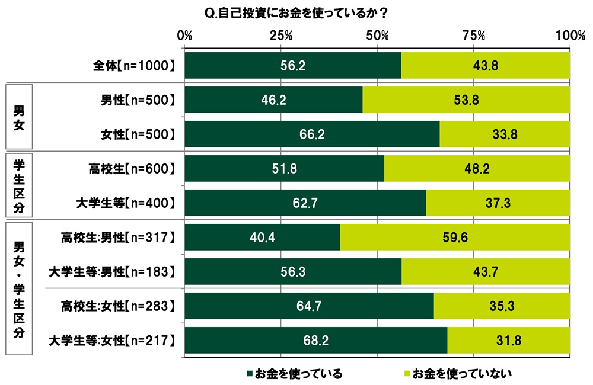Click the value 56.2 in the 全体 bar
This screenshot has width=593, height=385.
pos(293,66)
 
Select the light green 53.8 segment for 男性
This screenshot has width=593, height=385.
pos(466,100)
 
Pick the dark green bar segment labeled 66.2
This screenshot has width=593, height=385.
pos(312,134)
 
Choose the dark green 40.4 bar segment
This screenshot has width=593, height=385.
pos(262,238)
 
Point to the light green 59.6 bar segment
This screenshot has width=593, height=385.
pos(455,238)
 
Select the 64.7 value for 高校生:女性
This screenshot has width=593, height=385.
pos(309,306)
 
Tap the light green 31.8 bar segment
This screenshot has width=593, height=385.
pos(508,341)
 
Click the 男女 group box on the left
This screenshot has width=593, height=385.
pos(18,117)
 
